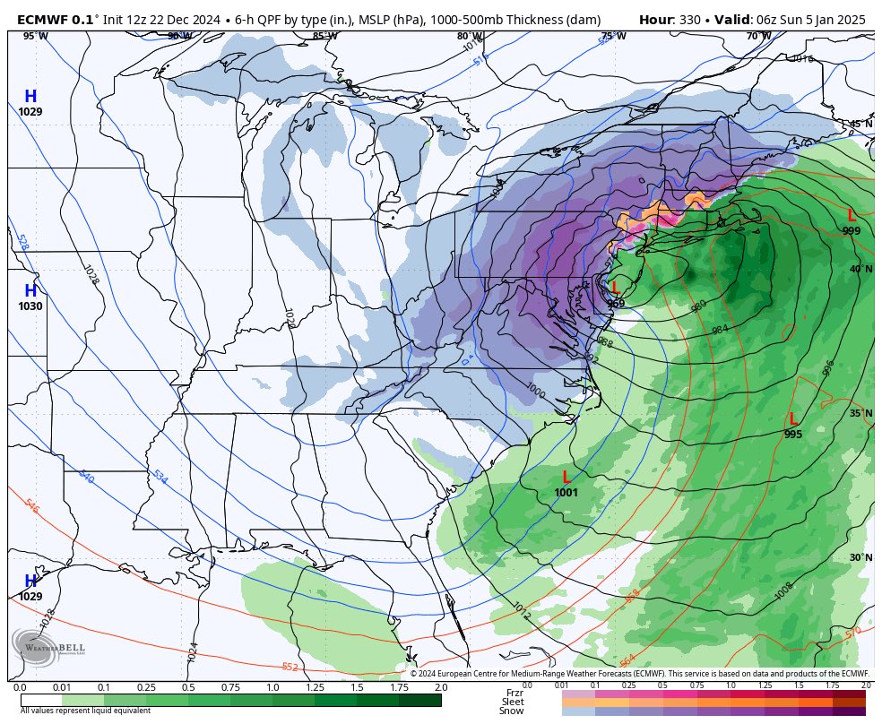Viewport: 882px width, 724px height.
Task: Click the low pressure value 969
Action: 616,304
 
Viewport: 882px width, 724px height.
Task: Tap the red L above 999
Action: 852,216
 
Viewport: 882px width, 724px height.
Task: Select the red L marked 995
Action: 793,419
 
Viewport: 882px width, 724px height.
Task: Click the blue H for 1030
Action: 30,291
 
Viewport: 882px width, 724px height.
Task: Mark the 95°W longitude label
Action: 35,37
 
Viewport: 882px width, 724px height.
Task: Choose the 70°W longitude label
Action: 758,37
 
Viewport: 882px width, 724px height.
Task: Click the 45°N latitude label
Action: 860,125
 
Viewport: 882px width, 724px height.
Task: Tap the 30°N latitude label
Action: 860,557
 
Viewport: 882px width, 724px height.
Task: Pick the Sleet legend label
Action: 513,702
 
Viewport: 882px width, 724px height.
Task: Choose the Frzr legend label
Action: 514,693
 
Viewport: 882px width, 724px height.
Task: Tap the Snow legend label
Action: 512,711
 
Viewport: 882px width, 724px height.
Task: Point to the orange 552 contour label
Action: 290,667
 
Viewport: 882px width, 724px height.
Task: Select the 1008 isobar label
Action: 784,592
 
